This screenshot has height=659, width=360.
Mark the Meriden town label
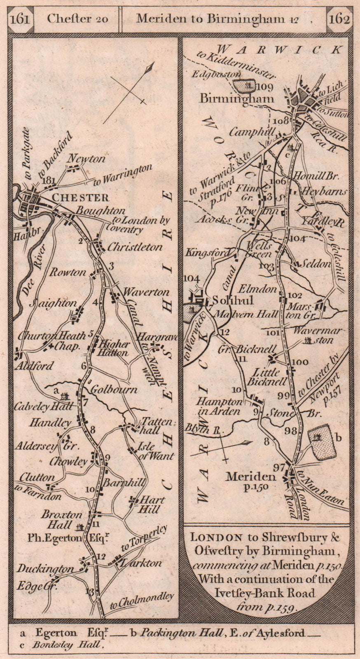[x=250, y=477]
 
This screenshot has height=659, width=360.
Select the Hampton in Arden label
[x=225, y=406]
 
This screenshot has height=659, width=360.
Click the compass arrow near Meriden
[x=222, y=449]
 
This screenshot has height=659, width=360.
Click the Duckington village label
[x=45, y=569]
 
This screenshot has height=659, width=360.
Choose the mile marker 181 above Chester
[x=48, y=180]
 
